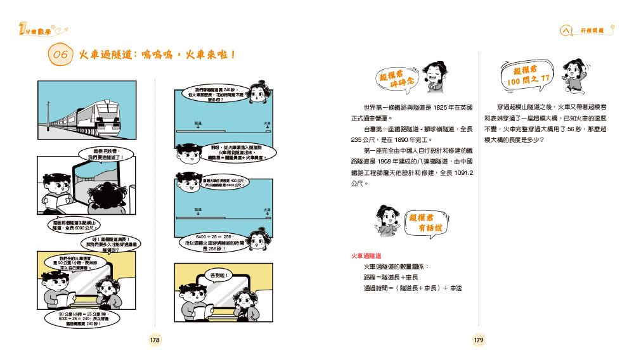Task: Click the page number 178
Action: coord(155,340)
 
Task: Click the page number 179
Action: coord(479,340)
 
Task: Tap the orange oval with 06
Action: coord(60,55)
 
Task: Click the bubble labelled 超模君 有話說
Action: coord(427,222)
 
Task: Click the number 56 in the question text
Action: coord(565,129)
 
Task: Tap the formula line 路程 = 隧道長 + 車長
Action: coord(391,277)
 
